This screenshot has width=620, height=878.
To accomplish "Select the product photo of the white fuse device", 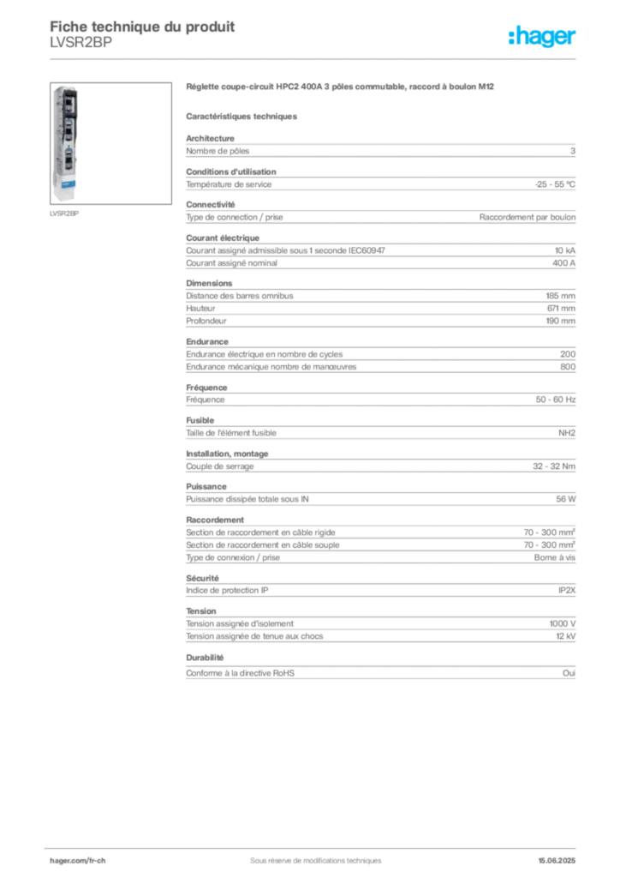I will pos(65,142).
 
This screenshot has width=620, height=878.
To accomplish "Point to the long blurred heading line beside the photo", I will pos(342,87).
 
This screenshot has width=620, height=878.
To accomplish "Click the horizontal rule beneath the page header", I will pos(314,58).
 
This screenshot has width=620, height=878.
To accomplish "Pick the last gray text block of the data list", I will pos(379,670).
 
